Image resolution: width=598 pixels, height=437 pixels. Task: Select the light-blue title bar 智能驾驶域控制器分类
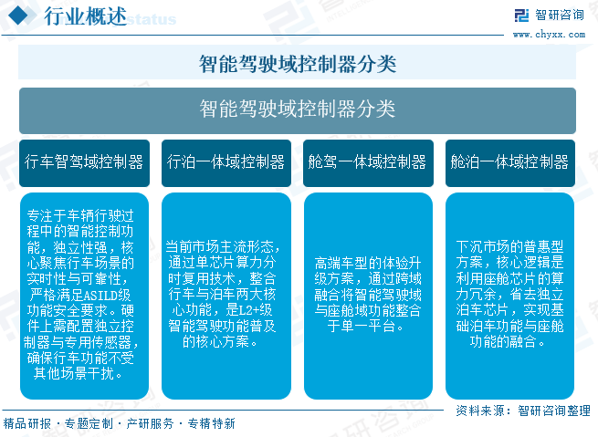point(298,64)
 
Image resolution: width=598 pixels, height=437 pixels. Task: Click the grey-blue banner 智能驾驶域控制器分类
point(298,109)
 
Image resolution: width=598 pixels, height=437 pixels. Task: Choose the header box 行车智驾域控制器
point(85,162)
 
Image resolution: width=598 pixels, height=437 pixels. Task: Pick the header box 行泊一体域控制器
point(226,162)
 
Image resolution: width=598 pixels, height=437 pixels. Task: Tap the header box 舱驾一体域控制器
point(368,162)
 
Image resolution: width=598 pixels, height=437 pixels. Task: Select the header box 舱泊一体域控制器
point(509,162)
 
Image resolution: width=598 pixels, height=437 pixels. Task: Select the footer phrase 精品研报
point(27,424)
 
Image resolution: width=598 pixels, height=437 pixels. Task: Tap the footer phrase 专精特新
point(211,424)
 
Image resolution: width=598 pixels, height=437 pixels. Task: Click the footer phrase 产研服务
point(150,424)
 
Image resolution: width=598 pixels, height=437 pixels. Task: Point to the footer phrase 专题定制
point(89,424)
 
